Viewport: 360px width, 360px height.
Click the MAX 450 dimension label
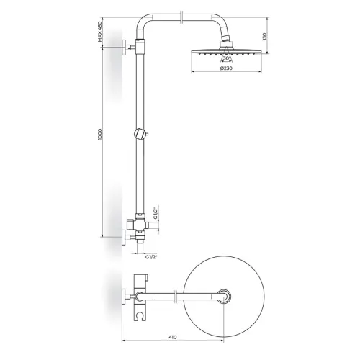tap(100, 32)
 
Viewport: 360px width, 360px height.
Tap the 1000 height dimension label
tap(100, 135)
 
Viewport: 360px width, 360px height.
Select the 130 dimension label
tap(264, 37)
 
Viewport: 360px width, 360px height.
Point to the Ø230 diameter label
tap(226, 68)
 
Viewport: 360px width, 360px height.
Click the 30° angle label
tap(226, 58)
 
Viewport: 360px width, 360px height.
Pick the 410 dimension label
tap(172, 337)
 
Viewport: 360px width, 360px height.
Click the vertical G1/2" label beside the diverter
tap(156, 213)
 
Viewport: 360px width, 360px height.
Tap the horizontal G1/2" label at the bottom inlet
tap(151, 257)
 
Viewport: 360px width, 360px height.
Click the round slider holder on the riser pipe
tap(141, 134)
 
